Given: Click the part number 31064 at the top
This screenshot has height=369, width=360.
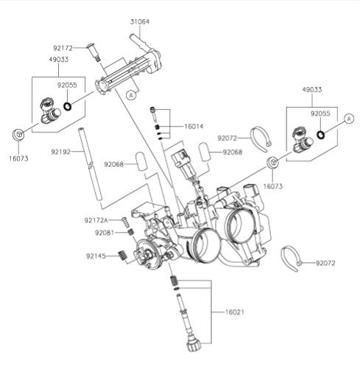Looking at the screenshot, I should point(139,22).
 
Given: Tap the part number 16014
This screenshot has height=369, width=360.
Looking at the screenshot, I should point(194,126).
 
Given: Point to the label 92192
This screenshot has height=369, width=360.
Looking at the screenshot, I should point(61,151).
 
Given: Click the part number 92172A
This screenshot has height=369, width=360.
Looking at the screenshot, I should point(96,220).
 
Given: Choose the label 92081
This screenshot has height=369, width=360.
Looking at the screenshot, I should point(104,233).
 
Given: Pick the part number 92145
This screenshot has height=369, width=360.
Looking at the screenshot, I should point(96,256).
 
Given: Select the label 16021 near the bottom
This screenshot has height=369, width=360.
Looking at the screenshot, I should point(227,312).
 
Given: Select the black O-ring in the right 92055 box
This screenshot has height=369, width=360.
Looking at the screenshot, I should point(321,134).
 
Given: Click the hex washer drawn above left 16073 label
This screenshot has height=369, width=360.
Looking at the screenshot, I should point(20,135).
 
